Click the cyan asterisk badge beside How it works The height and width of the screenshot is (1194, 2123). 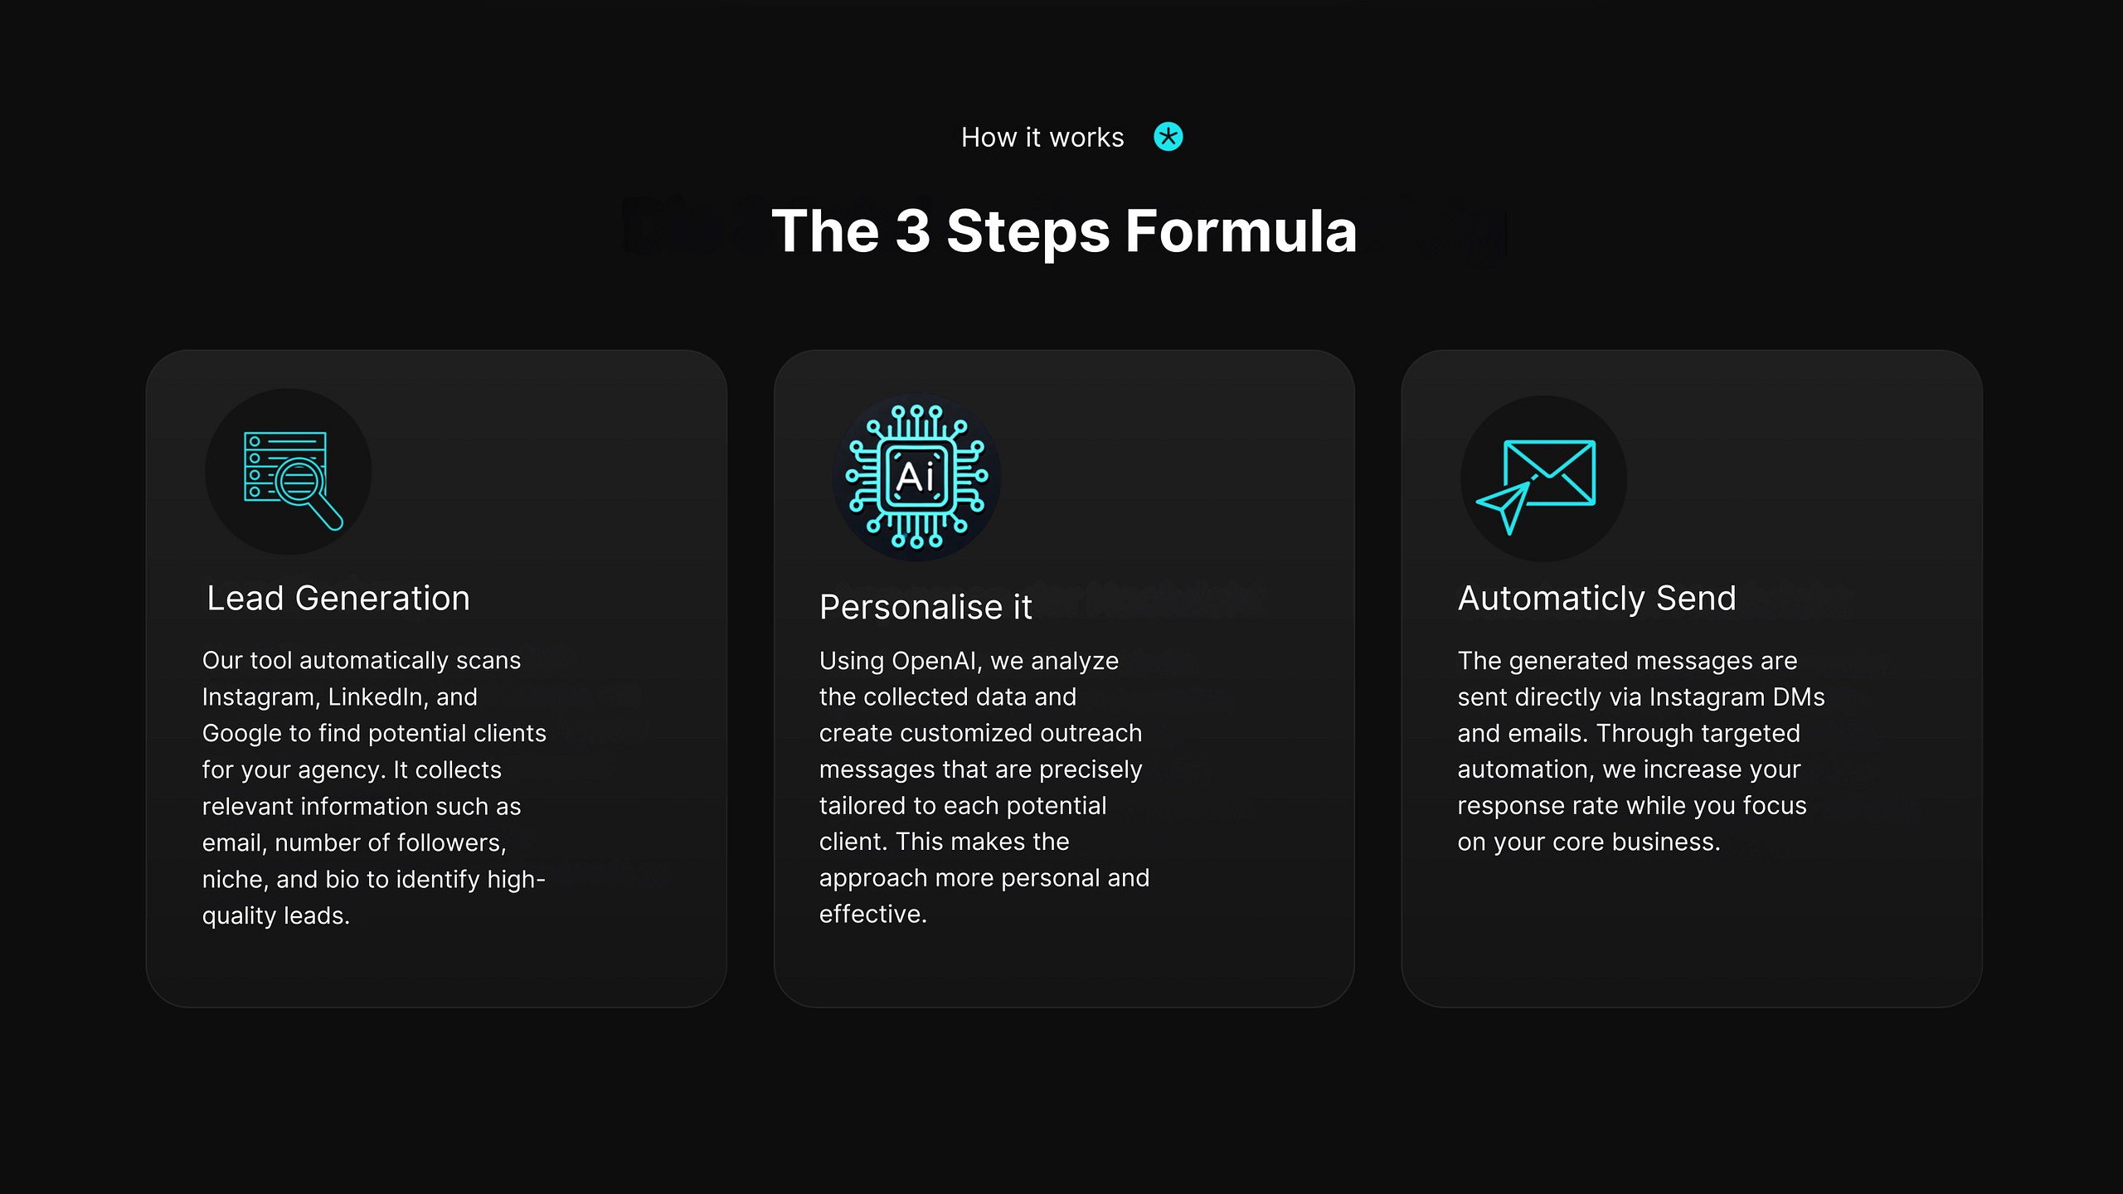tap(1168, 137)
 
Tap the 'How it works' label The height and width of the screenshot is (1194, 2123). tap(1042, 138)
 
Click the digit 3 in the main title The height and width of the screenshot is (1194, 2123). tap(913, 231)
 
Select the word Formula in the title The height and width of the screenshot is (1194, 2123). tap(1241, 231)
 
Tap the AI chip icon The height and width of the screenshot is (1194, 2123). tap(916, 477)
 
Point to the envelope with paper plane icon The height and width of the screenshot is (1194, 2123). tap(1536, 486)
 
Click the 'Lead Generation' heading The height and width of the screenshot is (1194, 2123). tap(338, 598)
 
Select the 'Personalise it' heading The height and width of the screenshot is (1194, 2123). tap(925, 607)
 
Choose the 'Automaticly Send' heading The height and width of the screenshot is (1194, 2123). tap(1596, 599)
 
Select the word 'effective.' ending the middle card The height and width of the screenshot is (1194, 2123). tap(873, 915)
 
